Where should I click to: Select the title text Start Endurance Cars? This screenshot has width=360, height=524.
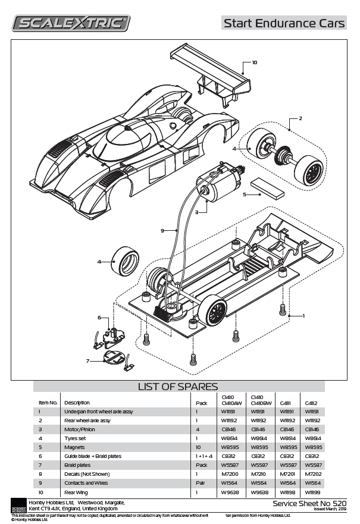[x=284, y=23]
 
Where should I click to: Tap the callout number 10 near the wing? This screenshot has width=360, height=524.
[x=254, y=62]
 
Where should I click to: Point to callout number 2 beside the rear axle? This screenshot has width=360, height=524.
[x=300, y=118]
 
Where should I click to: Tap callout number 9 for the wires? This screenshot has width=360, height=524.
[x=162, y=230]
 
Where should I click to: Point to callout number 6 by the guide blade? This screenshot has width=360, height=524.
[x=99, y=318]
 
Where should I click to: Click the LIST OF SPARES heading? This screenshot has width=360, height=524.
[x=178, y=387]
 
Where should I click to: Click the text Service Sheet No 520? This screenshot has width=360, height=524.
[x=309, y=503]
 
